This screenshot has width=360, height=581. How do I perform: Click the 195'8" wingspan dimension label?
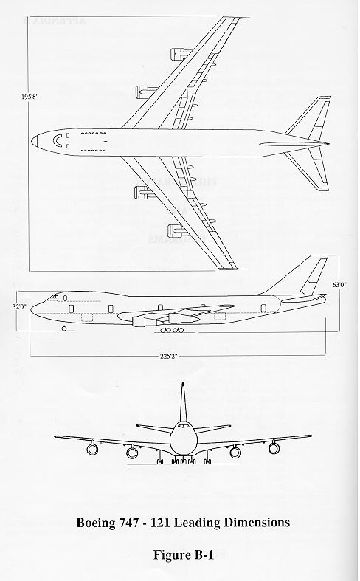pos(30,96)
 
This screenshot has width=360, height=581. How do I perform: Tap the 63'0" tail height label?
pos(339,285)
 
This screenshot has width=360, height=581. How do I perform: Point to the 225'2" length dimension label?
pos(168,357)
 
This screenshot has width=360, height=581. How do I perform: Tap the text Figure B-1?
pos(184,554)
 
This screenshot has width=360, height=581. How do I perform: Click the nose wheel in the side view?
pos(64,329)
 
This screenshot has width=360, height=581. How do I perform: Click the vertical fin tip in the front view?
pos(182,383)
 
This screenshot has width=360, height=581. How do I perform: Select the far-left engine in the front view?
pos(92,449)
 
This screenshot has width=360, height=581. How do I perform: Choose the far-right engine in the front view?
pos(274,448)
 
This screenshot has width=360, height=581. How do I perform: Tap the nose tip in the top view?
pos(32,141)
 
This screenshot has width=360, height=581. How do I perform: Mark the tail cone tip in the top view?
pos(329,144)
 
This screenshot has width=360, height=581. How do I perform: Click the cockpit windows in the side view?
pos(54,297)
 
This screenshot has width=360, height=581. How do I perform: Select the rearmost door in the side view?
pos(263,308)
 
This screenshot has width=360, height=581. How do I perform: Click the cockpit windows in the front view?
pos(183,427)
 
